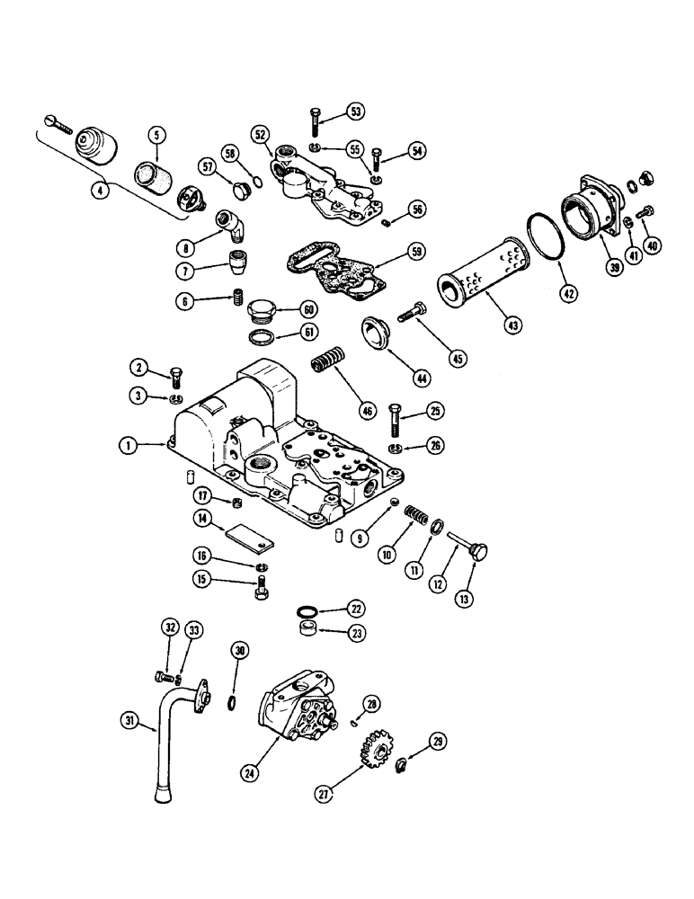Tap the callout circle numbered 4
click(x=105, y=190)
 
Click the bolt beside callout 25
click(x=397, y=419)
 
